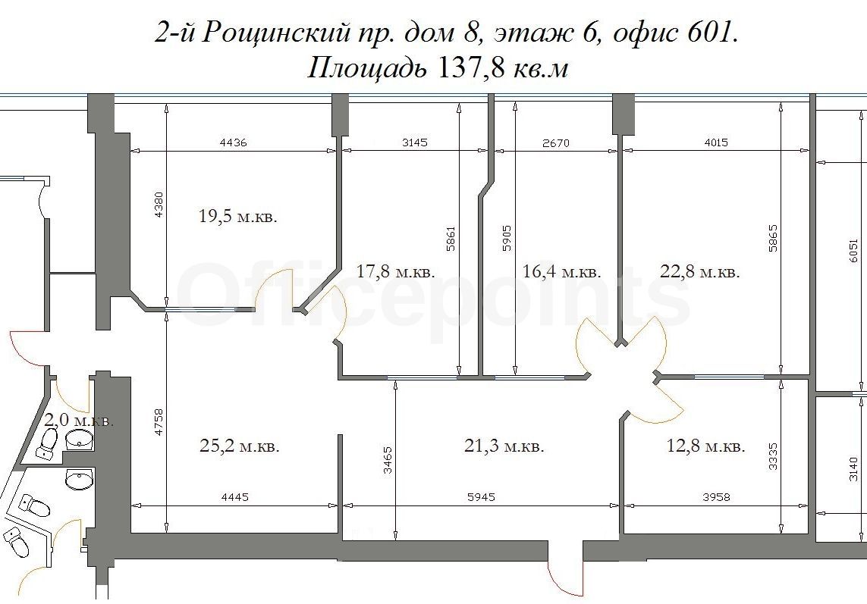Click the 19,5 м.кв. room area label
pyautogui.click(x=237, y=216)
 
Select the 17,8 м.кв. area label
pyautogui.click(x=396, y=271)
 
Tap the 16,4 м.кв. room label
pyautogui.click(x=562, y=271)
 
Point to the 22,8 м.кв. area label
pyautogui.click(x=700, y=271)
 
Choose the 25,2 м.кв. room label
pyautogui.click(x=240, y=446)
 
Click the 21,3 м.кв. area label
pyautogui.click(x=504, y=446)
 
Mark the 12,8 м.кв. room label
pyautogui.click(x=706, y=446)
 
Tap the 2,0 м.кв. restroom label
pyautogui.click(x=80, y=421)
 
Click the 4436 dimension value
pyautogui.click(x=234, y=142)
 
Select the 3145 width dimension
pyautogui.click(x=414, y=142)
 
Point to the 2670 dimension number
pyautogui.click(x=556, y=143)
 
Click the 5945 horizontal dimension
pyautogui.click(x=480, y=497)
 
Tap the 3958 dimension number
pyautogui.click(x=716, y=497)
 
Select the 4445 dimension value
pyautogui.click(x=234, y=497)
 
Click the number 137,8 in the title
pyautogui.click(x=470, y=68)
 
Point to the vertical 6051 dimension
pyautogui.click(x=853, y=252)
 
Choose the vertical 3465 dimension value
pyautogui.click(x=388, y=460)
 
